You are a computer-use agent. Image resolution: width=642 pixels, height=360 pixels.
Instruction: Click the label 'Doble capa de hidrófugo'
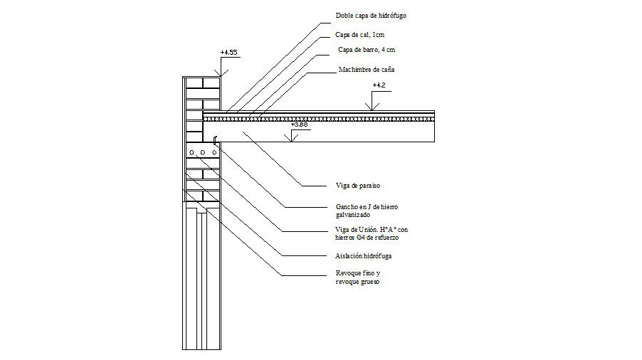point(371,15)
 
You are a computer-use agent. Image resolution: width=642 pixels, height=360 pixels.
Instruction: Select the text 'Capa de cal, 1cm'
point(360,34)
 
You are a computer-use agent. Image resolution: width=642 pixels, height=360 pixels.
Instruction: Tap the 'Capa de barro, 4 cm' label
point(366,51)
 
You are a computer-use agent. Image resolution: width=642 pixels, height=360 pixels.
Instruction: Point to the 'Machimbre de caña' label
point(365,70)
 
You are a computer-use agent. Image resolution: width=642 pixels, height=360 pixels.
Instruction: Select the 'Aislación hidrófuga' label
point(364,255)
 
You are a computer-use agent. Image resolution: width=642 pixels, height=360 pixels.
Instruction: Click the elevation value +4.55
point(228,53)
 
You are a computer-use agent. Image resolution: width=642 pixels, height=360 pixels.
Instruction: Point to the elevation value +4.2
point(380,85)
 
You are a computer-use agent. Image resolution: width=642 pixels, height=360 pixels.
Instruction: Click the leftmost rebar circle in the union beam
point(191,153)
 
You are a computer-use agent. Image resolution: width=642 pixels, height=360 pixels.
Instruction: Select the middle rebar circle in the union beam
point(203,153)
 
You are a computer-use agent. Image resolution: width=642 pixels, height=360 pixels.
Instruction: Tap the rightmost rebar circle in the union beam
point(214,153)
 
